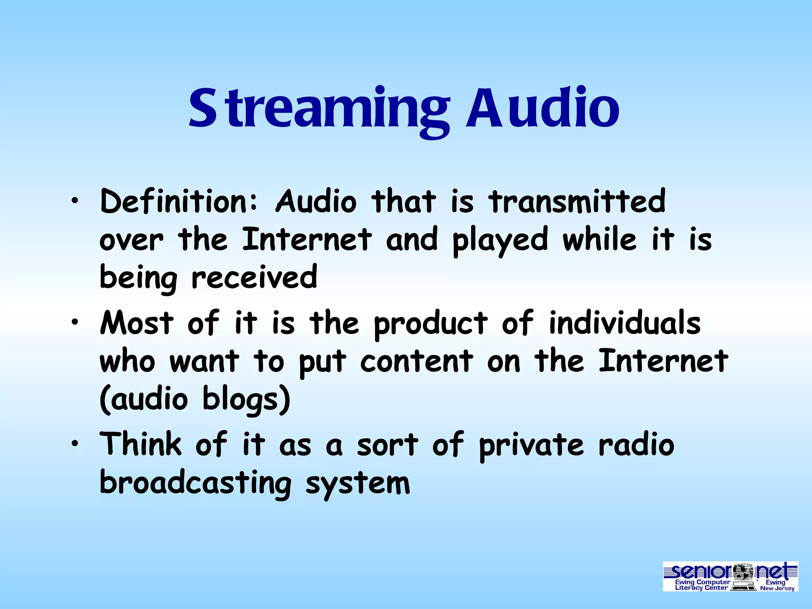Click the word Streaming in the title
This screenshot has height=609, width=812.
coord(319,109)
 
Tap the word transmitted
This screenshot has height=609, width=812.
coord(577,201)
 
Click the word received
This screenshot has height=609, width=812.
coord(254,277)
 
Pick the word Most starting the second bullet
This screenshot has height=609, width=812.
coord(137,323)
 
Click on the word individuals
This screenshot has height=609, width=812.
coord(625,323)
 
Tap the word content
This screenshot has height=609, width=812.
coord(417,361)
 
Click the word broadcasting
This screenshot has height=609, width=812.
coord(195,483)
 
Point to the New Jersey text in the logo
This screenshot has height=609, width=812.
coord(777,588)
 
